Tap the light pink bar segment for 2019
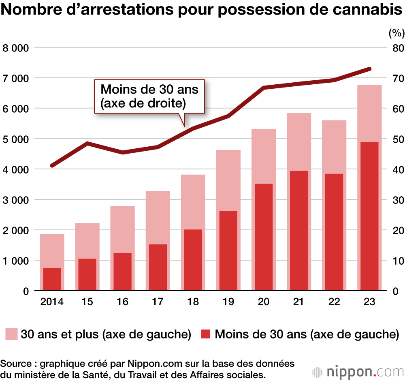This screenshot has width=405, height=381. pos(228,180)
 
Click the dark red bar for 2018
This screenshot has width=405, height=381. pos(193,260)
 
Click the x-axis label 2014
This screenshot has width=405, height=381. pos(52,302)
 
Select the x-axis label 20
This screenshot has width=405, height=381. pos(264,302)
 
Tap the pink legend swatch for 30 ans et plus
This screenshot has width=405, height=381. pos(11,334)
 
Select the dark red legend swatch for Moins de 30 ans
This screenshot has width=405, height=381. pos(205,334)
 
